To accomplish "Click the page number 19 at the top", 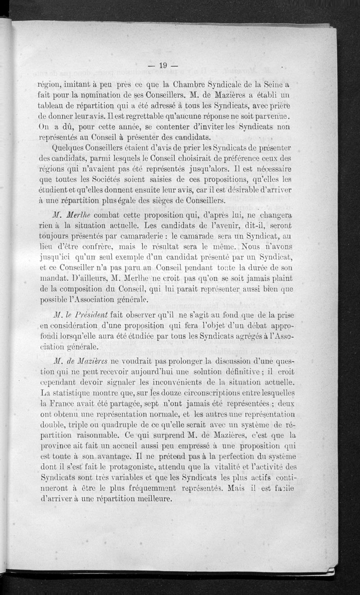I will point(163,66).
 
